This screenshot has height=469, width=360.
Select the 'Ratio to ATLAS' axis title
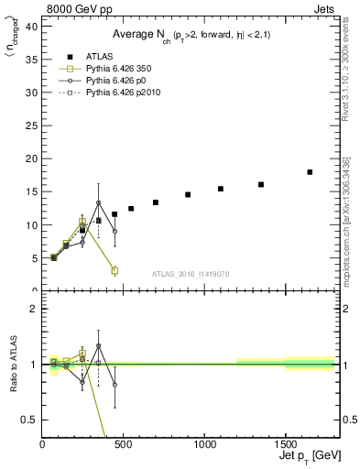(12, 364)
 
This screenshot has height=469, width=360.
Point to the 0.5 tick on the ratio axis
(31, 420)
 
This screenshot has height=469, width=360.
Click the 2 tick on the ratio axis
(35, 309)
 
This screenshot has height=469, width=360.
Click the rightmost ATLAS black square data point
(310, 172)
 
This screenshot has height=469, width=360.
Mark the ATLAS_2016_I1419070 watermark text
(191, 273)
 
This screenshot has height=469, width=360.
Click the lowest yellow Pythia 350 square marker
(115, 270)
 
